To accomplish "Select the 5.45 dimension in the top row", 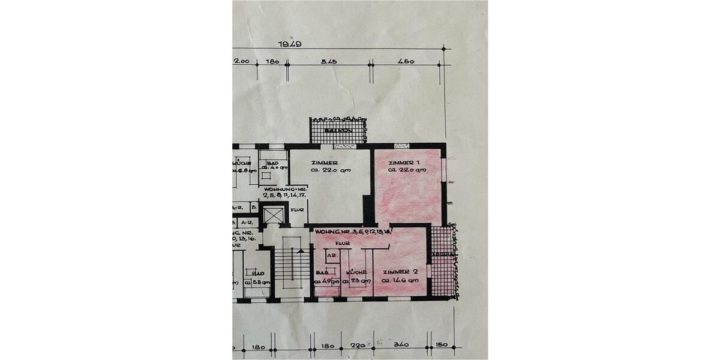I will tap(328, 61).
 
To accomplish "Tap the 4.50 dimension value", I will tap(406, 61).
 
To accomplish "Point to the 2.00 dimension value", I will tap(241, 61).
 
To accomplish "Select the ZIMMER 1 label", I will tap(404, 163).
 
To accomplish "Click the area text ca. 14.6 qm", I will tap(401, 280).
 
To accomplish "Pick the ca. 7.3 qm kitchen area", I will tap(356, 280).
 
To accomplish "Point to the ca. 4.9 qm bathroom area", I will tap(325, 280).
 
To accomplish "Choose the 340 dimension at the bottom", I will tap(401, 345).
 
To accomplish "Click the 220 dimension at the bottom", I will tap(358, 345).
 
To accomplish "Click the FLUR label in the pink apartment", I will tap(343, 244).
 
